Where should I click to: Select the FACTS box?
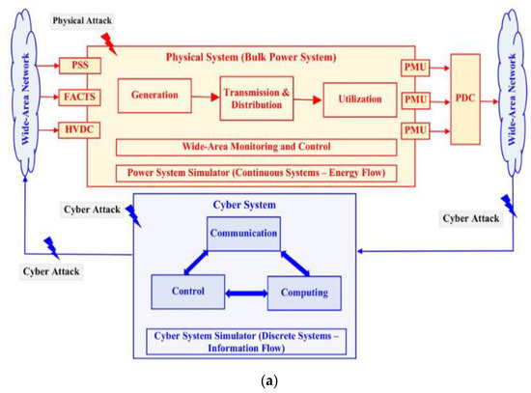point(73,98)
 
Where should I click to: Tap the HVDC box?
point(73,128)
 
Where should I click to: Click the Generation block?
point(154,97)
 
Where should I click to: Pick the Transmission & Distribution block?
point(256,98)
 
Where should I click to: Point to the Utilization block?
point(359,98)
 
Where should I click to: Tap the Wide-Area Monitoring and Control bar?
point(256,148)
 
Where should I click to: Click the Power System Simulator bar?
point(256,174)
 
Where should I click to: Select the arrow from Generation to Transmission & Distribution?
point(203,97)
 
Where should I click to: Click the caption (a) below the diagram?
point(265,380)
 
